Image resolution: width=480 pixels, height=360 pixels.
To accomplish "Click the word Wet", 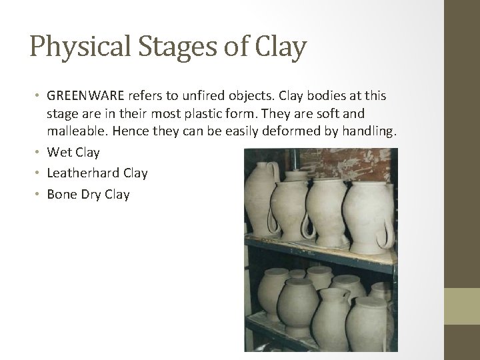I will click(x=59, y=153).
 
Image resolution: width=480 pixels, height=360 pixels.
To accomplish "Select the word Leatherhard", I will click(x=83, y=173).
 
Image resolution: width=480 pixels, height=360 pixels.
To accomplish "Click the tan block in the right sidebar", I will click(x=462, y=307).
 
